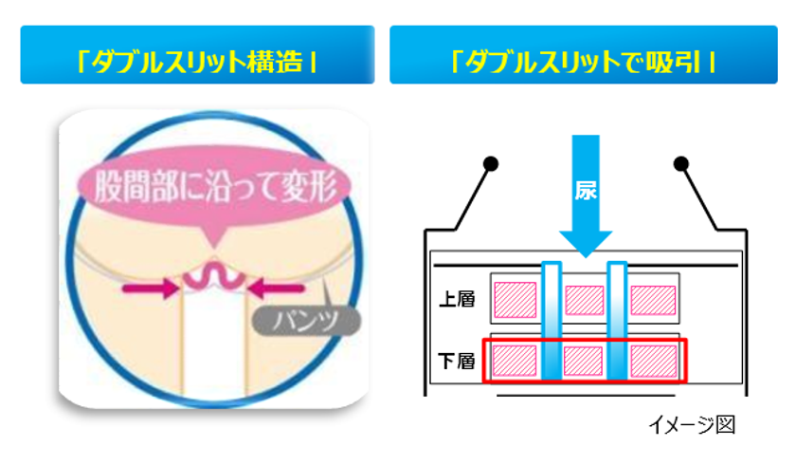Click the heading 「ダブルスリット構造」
click(197, 63)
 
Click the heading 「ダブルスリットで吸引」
click(584, 63)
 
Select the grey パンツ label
click(307, 321)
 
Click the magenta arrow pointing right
click(151, 288)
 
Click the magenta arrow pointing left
click(276, 288)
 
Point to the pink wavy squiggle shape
click(214, 278)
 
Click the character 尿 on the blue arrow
click(586, 191)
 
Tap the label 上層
click(457, 299)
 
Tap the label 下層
click(457, 361)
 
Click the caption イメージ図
click(692, 425)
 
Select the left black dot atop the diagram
click(491, 163)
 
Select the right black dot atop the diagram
click(680, 163)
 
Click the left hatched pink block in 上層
click(516, 300)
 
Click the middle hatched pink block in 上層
click(585, 300)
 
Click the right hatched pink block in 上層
click(653, 300)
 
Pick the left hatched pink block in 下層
click(515, 361)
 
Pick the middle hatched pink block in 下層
click(584, 361)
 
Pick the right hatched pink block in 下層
click(654, 361)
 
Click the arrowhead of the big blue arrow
click(586, 244)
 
